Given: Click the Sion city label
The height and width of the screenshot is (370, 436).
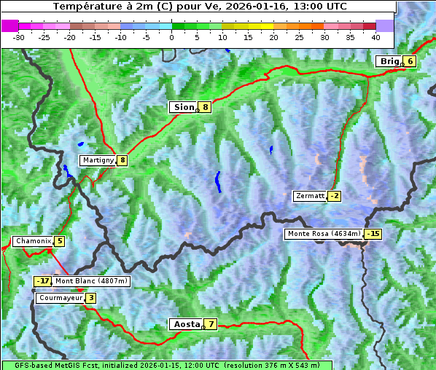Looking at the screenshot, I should [183, 107].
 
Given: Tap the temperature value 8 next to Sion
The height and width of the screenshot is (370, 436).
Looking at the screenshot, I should [206, 107].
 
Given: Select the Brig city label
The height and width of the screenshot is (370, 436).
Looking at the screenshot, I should [389, 61].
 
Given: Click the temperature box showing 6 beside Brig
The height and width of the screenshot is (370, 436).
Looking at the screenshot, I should [410, 61].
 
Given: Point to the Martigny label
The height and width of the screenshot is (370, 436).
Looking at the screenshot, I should [98, 160].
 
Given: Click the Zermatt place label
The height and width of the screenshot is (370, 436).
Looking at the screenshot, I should [310, 196].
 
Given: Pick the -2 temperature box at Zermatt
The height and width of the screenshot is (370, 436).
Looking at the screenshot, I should [334, 196].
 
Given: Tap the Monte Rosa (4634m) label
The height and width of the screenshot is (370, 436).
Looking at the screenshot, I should [324, 234].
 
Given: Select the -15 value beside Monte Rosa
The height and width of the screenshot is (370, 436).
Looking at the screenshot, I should [373, 234].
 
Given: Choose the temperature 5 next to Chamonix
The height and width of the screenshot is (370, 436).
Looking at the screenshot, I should [59, 241].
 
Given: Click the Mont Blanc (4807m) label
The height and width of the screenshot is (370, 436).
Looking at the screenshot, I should [91, 281].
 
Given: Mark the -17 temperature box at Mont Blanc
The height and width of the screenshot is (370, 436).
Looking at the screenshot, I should [43, 281].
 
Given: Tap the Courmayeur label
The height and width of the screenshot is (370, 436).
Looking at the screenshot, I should [61, 298].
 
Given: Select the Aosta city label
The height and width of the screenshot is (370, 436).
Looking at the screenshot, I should [185, 324].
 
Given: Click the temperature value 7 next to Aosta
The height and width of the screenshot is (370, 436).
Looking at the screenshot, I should [211, 324].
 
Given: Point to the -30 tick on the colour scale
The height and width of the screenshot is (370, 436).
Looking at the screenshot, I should [19, 36].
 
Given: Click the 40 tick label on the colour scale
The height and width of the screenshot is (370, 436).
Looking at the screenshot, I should [375, 36].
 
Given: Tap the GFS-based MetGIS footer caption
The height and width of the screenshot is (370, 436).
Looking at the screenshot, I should [166, 365].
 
